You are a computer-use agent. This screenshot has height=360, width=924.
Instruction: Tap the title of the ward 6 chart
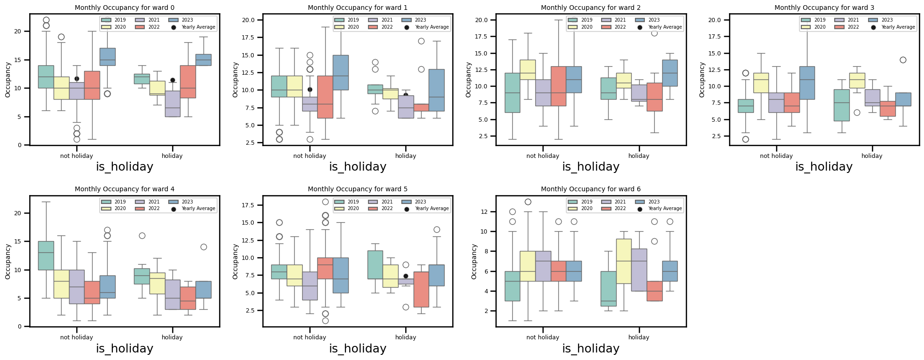[590, 189]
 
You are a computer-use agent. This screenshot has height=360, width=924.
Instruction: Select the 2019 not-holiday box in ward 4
[46, 256]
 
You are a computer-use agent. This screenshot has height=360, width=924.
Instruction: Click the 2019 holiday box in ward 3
[841, 105]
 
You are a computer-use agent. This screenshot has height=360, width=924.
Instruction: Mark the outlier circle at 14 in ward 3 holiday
[902, 60]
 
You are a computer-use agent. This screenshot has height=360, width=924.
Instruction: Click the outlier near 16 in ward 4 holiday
[142, 235]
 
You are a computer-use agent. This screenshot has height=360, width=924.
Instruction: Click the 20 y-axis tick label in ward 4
[18, 213]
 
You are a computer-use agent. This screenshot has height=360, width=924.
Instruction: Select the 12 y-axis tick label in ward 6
[485, 212]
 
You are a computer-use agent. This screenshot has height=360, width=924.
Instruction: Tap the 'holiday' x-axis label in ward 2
[638, 156]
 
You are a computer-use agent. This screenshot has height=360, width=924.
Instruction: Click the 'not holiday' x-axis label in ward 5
[309, 337]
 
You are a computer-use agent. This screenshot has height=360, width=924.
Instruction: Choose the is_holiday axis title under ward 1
[357, 167]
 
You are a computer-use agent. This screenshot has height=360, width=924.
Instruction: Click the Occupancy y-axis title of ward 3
[702, 80]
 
